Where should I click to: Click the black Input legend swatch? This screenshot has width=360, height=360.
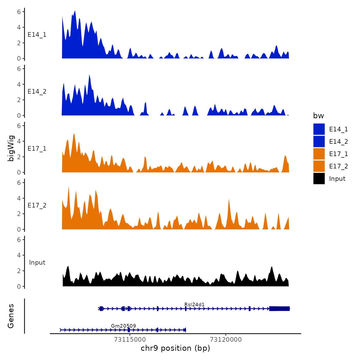point(319,178)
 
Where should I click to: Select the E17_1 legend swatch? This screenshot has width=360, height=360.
point(319,154)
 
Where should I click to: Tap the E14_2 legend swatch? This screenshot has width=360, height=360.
point(319,141)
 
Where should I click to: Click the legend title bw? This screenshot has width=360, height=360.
point(318,116)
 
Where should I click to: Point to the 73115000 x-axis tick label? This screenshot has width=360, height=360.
point(130,339)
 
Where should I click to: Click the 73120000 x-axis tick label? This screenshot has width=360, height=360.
point(226,339)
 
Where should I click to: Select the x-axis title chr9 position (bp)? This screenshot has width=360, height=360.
point(175,348)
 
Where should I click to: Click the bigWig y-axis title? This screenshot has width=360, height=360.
point(11,148)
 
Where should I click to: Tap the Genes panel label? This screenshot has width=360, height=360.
point(11,316)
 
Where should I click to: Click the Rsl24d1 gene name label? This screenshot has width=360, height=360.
point(194,304)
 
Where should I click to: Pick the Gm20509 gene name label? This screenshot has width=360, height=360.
point(123,326)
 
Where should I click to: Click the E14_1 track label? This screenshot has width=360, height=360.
point(37,35)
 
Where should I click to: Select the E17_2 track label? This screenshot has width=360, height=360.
point(37,205)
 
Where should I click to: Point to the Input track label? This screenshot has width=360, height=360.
point(37,262)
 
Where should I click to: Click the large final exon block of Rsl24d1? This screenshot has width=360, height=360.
point(279,309)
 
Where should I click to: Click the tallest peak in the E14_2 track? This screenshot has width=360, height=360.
point(89,75)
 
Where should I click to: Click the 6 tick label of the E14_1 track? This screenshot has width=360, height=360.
point(19,12)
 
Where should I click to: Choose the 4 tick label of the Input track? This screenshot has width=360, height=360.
point(19,255)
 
